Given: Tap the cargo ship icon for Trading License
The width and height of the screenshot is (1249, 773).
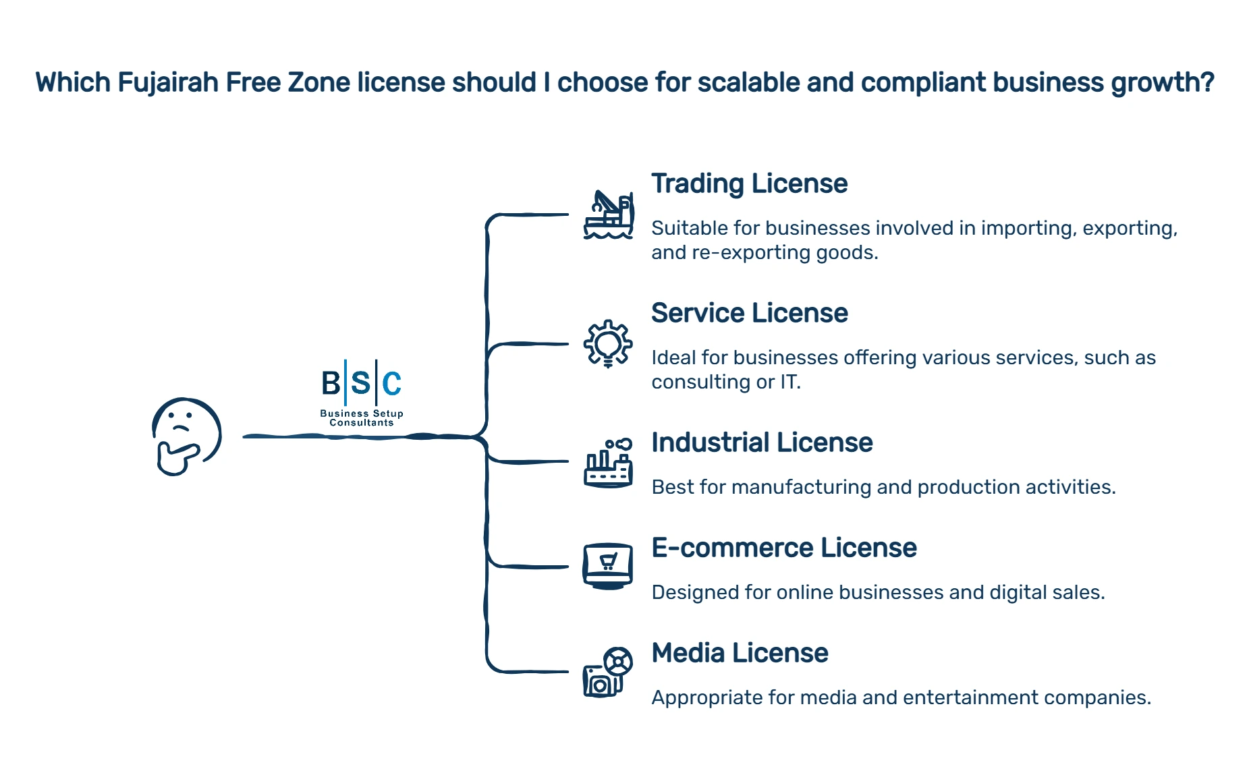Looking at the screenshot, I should tap(608, 215).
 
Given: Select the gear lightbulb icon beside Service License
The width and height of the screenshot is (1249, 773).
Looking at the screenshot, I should tap(608, 343).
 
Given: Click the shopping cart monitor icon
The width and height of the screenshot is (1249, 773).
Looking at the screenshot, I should tap(608, 566).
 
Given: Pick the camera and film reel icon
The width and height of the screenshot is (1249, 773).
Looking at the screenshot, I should tap(608, 672).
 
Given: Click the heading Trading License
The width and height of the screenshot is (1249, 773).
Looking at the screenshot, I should tap(749, 183).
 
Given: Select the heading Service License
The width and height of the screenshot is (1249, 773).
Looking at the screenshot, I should tap(749, 313).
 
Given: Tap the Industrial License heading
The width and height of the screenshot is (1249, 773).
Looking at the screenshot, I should tap(762, 442).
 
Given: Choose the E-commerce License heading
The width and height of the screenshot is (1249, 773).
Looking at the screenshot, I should tap(783, 548).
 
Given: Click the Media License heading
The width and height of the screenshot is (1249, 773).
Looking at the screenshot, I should tap(740, 653).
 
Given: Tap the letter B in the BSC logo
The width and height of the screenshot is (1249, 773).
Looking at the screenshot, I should tap(331, 384).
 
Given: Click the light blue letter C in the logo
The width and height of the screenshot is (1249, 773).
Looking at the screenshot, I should tap(392, 384).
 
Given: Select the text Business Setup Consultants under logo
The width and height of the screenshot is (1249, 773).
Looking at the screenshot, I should tap(362, 418).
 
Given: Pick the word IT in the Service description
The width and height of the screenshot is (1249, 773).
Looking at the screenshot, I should tap(789, 382).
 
